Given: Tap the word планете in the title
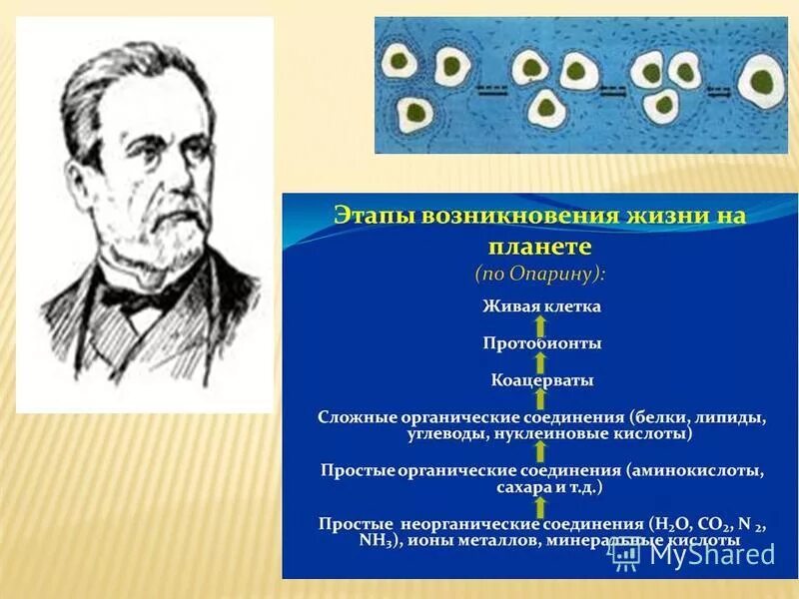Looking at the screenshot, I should (540, 246).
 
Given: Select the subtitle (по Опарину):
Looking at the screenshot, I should (540, 272).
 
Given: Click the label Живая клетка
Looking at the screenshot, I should (540, 305).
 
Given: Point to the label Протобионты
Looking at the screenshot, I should (540, 343).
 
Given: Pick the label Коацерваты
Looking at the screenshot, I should (541, 380).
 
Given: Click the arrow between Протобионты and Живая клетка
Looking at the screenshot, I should (540, 324).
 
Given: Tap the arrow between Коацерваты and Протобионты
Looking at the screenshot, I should (540, 362).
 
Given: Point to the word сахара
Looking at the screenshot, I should (520, 489).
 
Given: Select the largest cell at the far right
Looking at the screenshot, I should (763, 80).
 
